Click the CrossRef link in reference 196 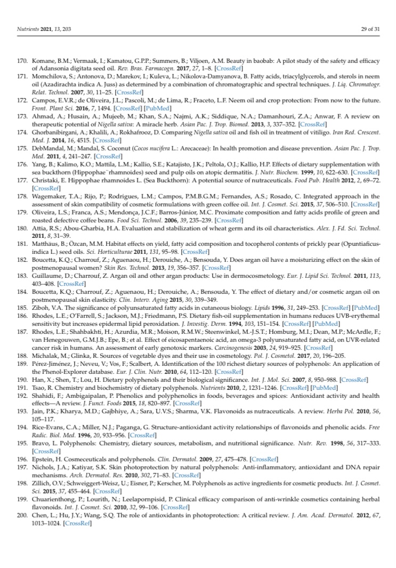264,459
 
